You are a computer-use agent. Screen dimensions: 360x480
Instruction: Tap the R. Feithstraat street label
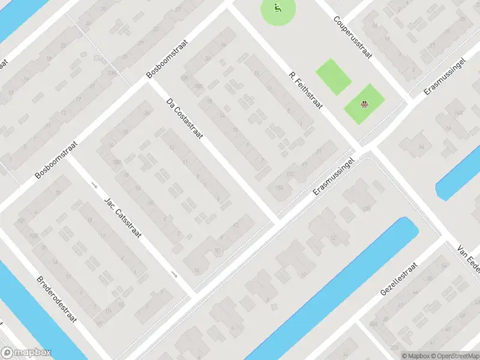306,92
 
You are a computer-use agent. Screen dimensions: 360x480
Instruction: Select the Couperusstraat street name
353,37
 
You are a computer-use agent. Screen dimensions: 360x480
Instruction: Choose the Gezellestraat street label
398,281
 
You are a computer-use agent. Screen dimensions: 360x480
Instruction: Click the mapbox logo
26,353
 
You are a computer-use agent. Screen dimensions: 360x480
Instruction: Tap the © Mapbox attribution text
415,355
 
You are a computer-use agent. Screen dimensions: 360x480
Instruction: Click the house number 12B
367,208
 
